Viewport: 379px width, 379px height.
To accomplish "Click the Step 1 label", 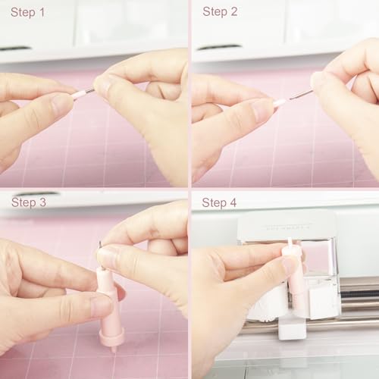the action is (x=27, y=13).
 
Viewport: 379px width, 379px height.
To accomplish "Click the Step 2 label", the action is (x=220, y=12).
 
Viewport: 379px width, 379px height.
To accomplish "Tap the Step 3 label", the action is (x=29, y=202).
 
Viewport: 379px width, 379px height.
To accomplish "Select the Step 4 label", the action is (x=219, y=202).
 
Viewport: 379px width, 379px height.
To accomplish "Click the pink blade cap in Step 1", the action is (x=81, y=95).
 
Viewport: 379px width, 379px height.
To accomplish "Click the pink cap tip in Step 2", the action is (x=280, y=102).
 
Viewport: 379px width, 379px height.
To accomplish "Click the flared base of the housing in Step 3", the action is (x=111, y=335).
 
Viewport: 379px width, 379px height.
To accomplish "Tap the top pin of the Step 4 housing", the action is (x=290, y=243).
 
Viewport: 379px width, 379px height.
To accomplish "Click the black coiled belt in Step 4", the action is (x=359, y=294).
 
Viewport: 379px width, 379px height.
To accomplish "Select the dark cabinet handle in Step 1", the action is (x=15, y=48).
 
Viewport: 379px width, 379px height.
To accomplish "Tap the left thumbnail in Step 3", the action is (x=101, y=305).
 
